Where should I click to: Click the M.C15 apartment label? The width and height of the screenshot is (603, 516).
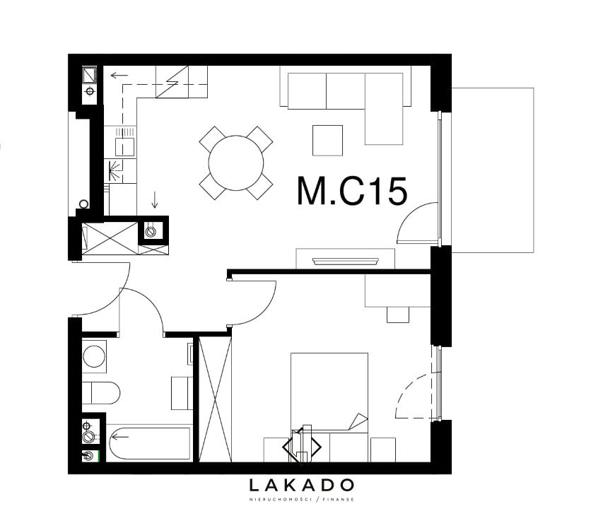(x=352, y=191)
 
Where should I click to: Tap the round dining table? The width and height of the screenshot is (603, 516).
(x=236, y=163)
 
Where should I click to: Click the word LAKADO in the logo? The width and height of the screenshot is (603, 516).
(x=301, y=485)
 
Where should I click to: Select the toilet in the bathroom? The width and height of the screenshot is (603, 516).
(x=101, y=393)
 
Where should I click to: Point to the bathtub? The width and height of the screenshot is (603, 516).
(x=149, y=443)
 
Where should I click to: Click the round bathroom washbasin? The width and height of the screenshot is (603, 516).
(x=94, y=356)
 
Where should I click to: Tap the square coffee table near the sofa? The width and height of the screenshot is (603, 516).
(x=327, y=141)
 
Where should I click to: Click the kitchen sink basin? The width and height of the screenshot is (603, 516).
(x=124, y=146)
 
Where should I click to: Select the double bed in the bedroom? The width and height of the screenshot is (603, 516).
(x=329, y=407)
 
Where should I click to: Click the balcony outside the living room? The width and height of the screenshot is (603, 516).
(x=492, y=170)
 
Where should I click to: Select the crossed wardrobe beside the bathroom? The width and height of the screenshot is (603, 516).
(x=216, y=399)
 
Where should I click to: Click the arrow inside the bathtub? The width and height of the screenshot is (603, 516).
(x=120, y=437)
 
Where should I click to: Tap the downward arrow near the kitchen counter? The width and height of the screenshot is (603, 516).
(x=155, y=199)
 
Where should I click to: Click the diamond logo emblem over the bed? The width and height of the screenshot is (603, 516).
(x=302, y=446)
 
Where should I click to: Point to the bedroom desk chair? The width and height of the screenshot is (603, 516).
(x=398, y=315)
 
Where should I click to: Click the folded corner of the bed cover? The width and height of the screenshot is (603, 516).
(x=358, y=421)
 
